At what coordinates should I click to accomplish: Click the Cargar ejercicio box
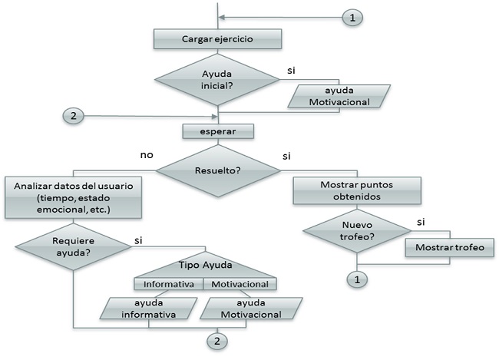tap(218, 38)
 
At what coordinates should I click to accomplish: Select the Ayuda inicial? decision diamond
tap(217, 79)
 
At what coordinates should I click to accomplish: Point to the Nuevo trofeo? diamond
tap(356, 231)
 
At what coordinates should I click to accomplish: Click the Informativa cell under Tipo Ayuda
tap(169, 284)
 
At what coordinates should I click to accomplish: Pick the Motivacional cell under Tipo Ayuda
tap(240, 284)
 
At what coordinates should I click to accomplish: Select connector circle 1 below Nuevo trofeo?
tap(356, 279)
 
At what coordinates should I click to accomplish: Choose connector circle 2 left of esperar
tap(71, 117)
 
